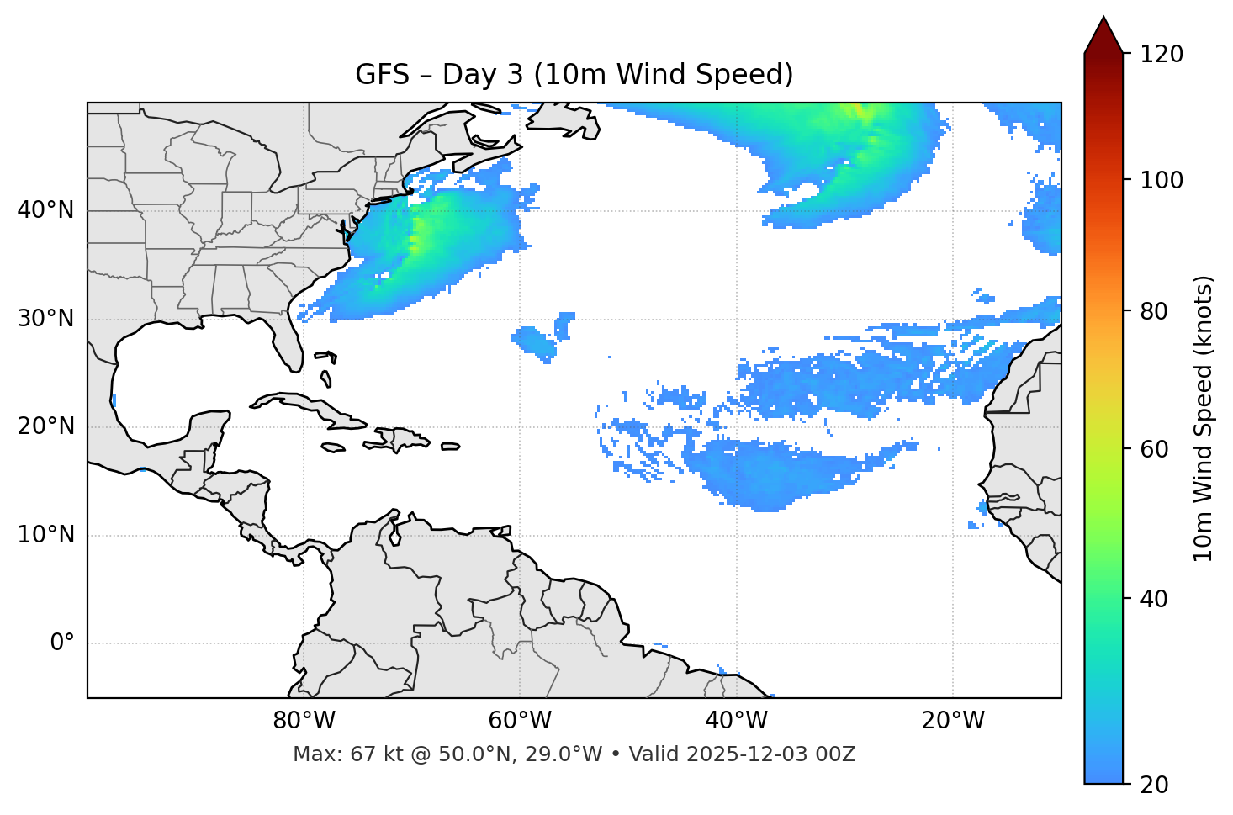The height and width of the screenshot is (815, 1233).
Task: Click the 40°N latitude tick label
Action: tap(45, 210)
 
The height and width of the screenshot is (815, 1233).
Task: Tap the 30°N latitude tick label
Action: tap(45, 319)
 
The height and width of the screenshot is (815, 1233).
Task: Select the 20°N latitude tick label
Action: tap(45, 426)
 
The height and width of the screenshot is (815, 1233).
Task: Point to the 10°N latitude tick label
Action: tap(45, 535)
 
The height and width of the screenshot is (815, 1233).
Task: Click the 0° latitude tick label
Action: tap(62, 643)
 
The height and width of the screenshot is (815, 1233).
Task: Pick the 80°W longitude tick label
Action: tap(304, 721)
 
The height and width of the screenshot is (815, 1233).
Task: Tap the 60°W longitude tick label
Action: tap(520, 721)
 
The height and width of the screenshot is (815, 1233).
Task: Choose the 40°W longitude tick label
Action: tap(737, 721)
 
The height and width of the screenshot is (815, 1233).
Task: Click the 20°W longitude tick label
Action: tap(953, 721)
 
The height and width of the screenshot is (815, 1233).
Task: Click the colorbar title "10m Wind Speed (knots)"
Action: tap(1204, 419)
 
